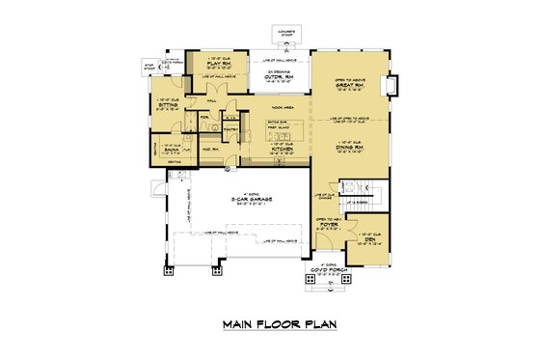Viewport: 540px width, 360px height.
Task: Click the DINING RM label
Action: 351,148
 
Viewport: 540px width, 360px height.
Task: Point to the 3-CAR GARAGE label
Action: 246,200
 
